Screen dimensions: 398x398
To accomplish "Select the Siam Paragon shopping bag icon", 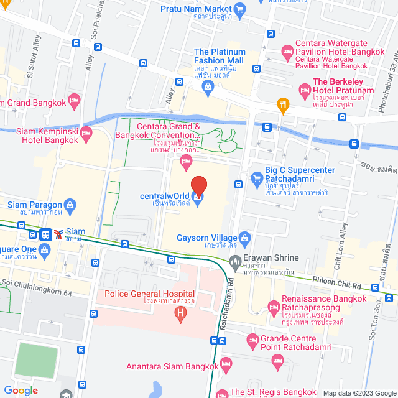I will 70,205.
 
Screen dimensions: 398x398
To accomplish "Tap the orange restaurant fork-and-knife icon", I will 283,105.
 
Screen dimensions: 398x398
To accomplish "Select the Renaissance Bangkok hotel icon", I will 272,306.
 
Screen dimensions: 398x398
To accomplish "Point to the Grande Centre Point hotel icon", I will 252,340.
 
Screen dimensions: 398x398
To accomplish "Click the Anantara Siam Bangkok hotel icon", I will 227,363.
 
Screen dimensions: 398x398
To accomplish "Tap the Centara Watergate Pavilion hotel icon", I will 287,50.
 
